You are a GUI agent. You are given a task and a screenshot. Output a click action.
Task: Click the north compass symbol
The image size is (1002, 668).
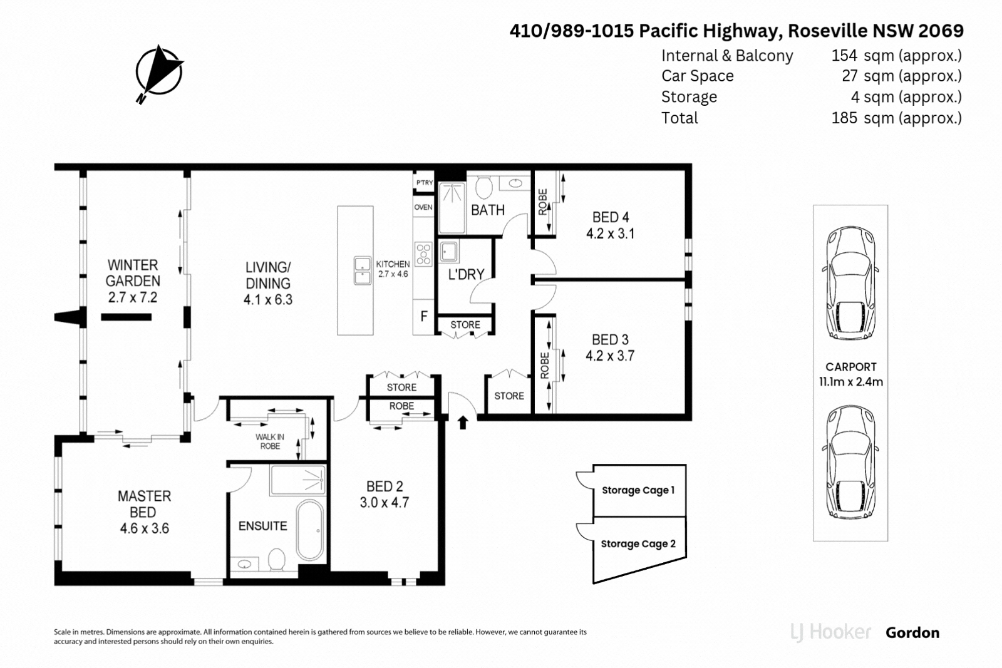pos(158,72)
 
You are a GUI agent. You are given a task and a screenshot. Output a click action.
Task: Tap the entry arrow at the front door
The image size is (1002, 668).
pos(463,423)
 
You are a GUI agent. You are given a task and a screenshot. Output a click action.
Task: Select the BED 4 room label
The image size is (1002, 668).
pos(611,217)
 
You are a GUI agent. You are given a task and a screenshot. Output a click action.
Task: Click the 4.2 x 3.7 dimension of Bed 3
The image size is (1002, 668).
pos(610,356)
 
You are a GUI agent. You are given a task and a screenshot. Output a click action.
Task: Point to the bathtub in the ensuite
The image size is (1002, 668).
pos(309,530)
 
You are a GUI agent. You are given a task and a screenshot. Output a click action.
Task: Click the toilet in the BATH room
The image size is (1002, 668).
pos(483,187)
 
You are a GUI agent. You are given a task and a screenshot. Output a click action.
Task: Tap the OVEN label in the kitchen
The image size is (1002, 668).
pos(423,207)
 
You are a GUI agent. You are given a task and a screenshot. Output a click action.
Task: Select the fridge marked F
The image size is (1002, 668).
pos(424,316)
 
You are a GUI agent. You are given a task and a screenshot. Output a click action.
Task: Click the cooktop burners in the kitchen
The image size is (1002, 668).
pos(424,254)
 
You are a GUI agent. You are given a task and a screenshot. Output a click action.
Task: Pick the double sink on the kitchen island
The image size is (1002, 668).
pos(363,270)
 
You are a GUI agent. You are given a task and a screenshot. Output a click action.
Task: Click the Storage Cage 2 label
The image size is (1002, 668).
pos(638,544)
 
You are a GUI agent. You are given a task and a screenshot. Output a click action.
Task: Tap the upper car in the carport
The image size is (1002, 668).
pos(850,283)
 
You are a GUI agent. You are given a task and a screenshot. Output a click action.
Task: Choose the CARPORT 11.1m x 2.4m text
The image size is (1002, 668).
pos(850,374)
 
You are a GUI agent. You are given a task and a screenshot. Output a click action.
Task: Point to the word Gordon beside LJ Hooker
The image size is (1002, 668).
pos(912,633)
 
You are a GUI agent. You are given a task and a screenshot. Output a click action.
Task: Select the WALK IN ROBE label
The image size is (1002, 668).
pos(270,441)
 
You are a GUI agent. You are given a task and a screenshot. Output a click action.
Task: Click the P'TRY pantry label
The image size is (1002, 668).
pos(424,183)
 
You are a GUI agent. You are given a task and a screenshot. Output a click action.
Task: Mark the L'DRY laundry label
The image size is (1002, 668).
pos(466,274)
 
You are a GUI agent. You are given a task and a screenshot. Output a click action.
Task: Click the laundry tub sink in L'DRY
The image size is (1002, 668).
pos(448,252)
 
